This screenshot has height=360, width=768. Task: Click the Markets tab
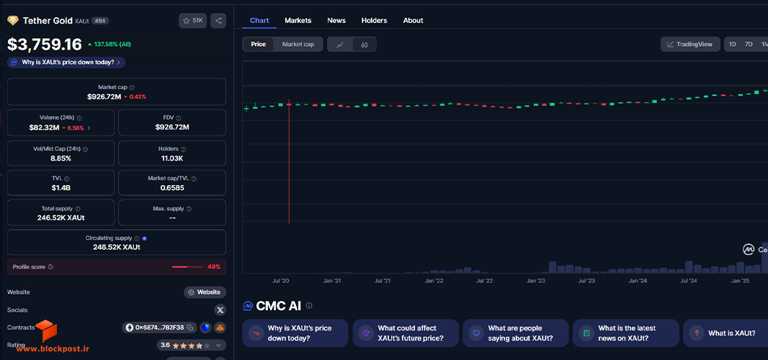click(x=298, y=21)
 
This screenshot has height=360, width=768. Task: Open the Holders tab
click(x=374, y=21)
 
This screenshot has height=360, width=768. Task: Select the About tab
click(x=413, y=21)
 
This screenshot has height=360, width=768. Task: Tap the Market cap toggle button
click(x=298, y=44)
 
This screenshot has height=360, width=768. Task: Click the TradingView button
click(x=690, y=44)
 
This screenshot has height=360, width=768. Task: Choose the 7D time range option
click(x=749, y=44)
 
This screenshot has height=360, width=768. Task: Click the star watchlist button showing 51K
click(x=192, y=21)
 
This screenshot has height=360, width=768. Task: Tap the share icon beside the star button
click(x=218, y=21)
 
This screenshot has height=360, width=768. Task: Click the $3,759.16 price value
click(x=45, y=45)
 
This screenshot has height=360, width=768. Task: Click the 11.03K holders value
click(x=172, y=158)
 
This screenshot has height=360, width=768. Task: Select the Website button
click(x=205, y=292)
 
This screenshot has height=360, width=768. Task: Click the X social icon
click(x=220, y=310)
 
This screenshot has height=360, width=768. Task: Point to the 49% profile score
click(x=214, y=267)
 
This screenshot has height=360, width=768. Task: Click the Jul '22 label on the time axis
click(x=484, y=281)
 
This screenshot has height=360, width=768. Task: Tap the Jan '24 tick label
click(x=638, y=281)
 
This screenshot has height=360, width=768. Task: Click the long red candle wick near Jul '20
click(x=289, y=162)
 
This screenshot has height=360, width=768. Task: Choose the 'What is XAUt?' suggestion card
click(x=725, y=333)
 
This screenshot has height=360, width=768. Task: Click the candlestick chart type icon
click(x=364, y=45)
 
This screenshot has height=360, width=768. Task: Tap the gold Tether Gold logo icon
click(x=13, y=21)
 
